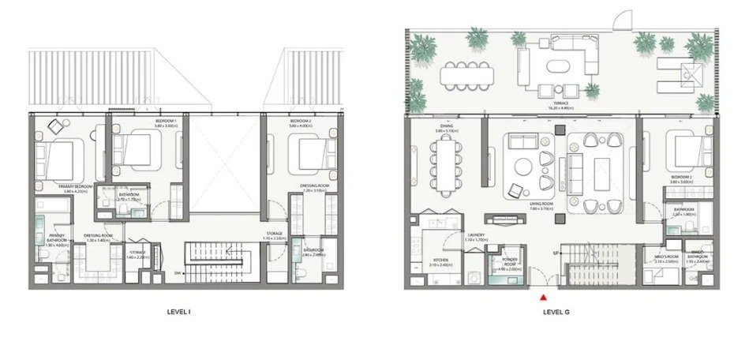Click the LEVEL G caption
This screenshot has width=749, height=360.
pos(556,313)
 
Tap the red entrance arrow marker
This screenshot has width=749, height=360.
pos(543,297)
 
